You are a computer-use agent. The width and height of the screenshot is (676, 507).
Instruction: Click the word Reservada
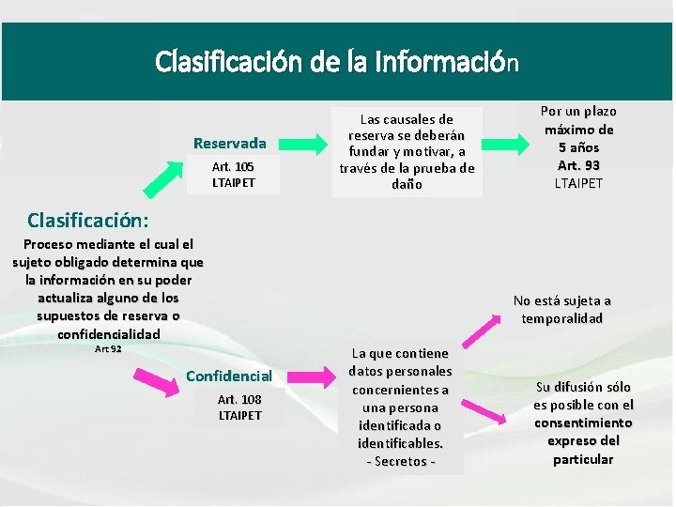tap(230, 143)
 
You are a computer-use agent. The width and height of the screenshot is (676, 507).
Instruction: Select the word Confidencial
tap(229, 376)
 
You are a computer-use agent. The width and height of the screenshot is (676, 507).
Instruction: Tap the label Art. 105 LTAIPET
tap(233, 174)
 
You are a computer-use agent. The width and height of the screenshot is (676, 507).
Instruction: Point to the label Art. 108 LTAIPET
tap(240, 407)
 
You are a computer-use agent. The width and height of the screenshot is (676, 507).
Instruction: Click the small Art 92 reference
tap(108, 349)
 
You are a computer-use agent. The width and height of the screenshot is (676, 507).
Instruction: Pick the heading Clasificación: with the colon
tap(88, 221)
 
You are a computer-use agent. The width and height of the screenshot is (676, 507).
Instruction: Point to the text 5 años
tap(578, 147)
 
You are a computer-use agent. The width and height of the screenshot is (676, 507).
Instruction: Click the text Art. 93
tap(578, 165)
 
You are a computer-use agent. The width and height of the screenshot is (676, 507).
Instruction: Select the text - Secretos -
tap(400, 461)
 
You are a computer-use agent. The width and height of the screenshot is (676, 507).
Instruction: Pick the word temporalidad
tap(562, 318)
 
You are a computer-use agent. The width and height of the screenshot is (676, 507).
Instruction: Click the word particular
tap(583, 459)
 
